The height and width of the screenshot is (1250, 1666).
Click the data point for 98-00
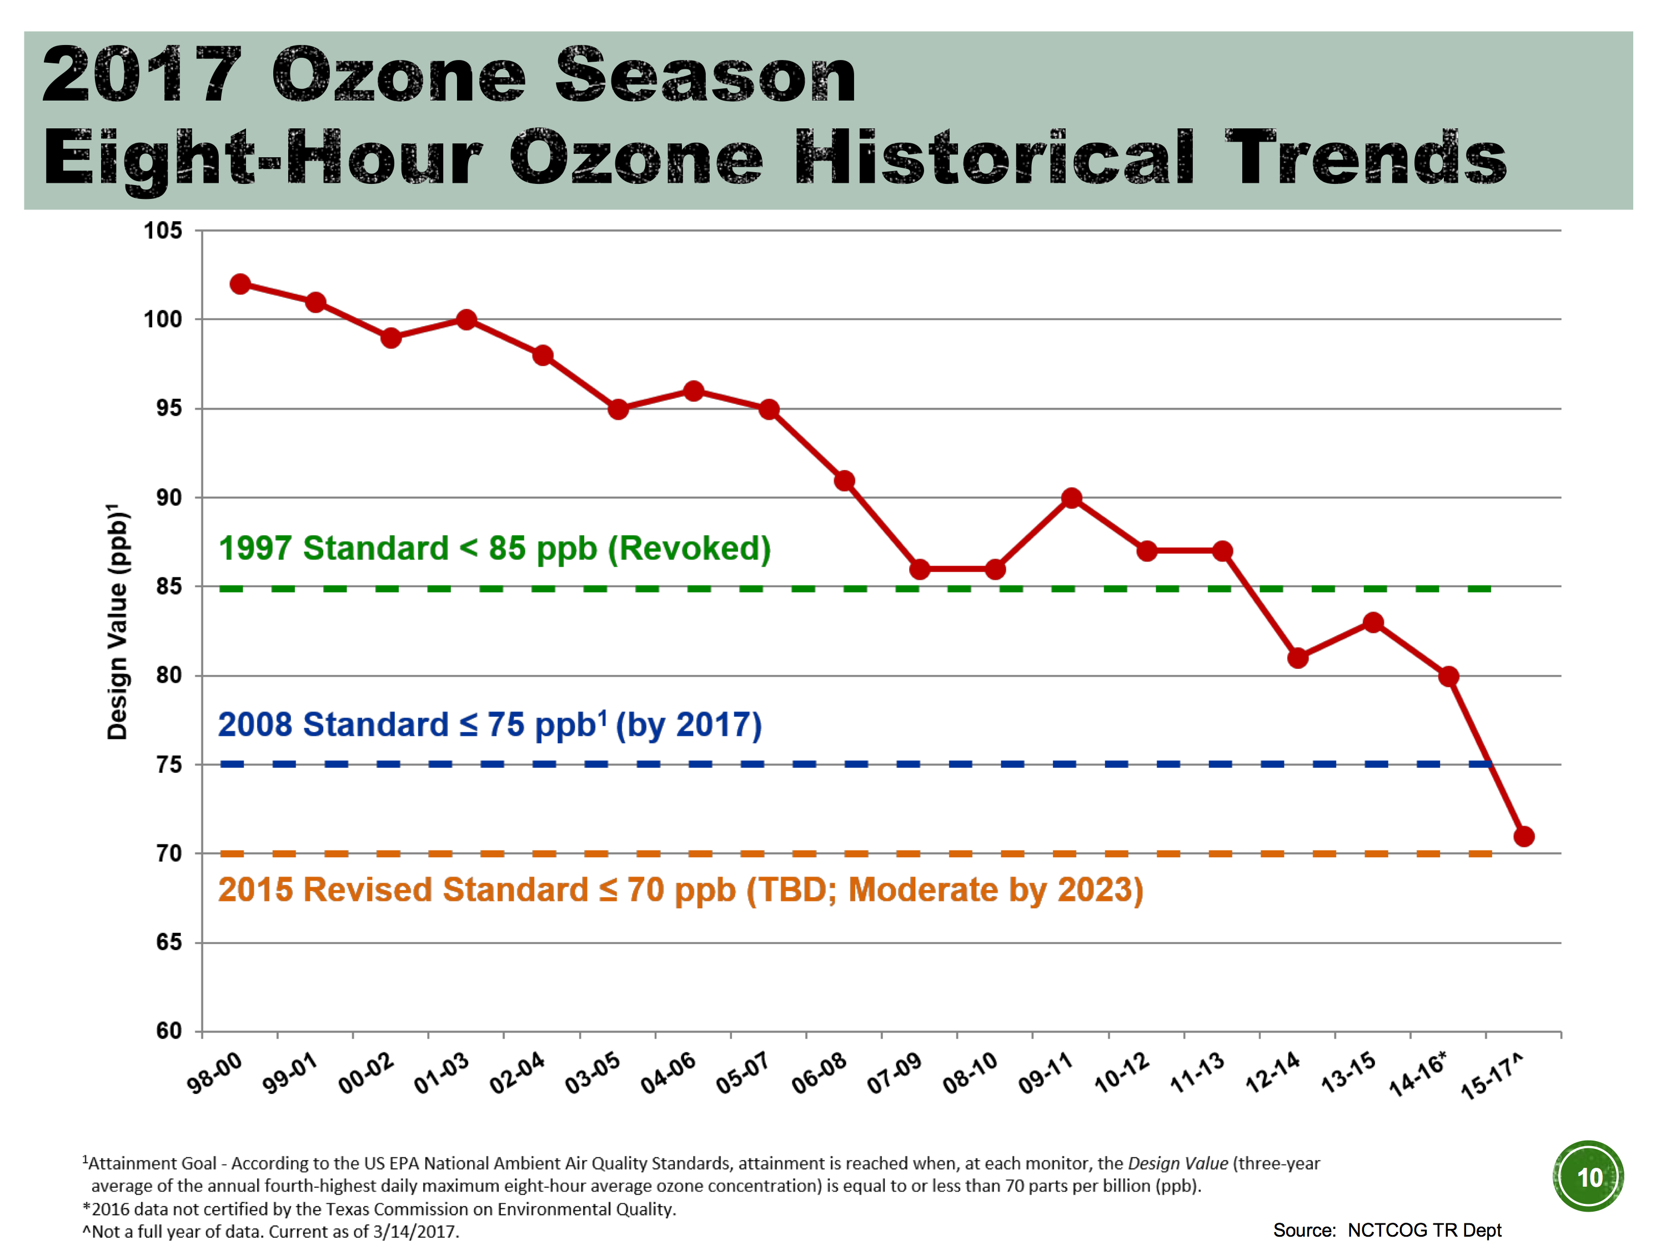pyautogui.click(x=240, y=284)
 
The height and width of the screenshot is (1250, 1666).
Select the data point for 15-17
pyautogui.click(x=1524, y=836)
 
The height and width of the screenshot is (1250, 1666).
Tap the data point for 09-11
pyautogui.click(x=1071, y=498)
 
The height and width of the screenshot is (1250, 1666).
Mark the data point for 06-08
pyautogui.click(x=844, y=481)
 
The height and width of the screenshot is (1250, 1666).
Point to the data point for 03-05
pyautogui.click(x=618, y=409)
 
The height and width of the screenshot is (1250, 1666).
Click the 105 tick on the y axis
pyautogui.click(x=163, y=231)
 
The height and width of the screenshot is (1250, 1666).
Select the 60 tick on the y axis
pyautogui.click(x=169, y=1031)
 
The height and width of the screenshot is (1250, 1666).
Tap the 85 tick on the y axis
pyautogui.click(x=169, y=586)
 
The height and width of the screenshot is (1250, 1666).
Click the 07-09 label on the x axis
pyautogui.click(x=894, y=1073)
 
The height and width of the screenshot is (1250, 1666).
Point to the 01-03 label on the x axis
pyautogui.click(x=441, y=1073)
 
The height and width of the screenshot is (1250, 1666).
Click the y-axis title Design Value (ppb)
pyautogui.click(x=118, y=622)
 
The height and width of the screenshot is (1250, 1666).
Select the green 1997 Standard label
pyautogui.click(x=494, y=548)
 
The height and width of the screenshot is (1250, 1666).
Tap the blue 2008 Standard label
pyautogui.click(x=490, y=725)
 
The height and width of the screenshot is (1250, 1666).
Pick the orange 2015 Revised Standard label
pyautogui.click(x=680, y=890)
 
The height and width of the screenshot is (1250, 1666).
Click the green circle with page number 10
pyautogui.click(x=1588, y=1176)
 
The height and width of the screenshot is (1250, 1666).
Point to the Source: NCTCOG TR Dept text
pyautogui.click(x=1387, y=1229)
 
